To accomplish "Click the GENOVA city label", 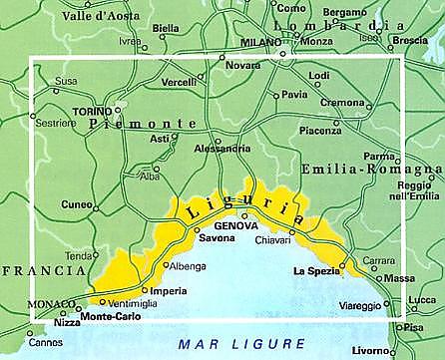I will [235, 226].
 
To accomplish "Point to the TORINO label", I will [92, 111].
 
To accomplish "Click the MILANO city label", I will [261, 43].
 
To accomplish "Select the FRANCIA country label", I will [42, 270].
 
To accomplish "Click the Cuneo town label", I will [75, 204].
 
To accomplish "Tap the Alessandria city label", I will [220, 149].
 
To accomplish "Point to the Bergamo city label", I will [345, 13].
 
